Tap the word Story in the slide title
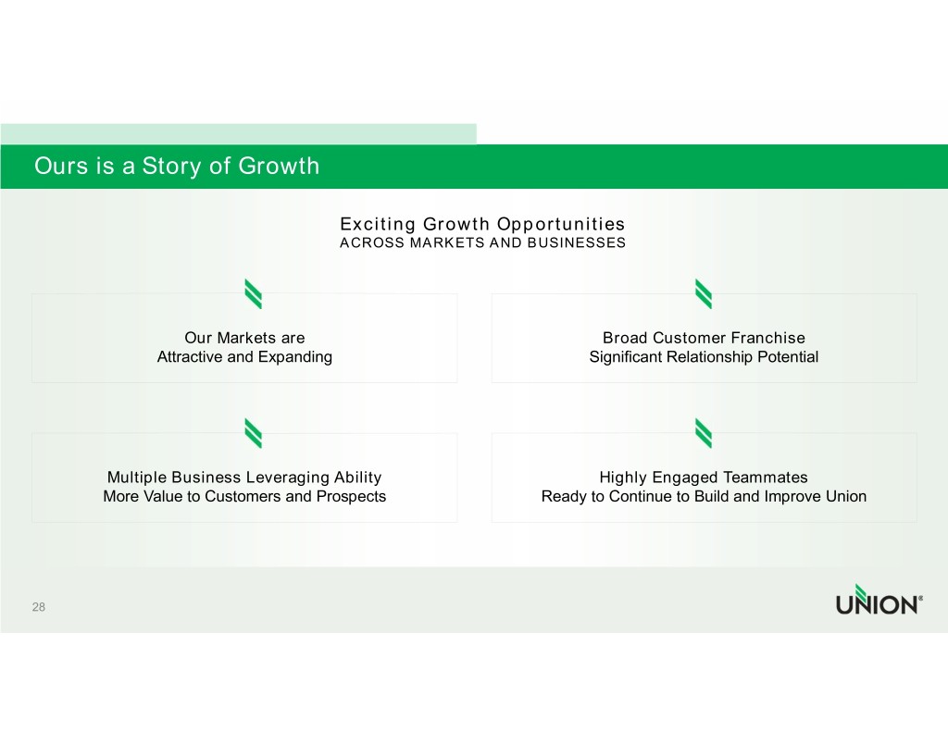tap(172, 167)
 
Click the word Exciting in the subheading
tap(378, 224)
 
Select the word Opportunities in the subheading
tap(561, 224)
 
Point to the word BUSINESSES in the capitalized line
tap(576, 243)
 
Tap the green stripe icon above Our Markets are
tap(254, 293)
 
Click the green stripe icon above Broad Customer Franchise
tap(704, 293)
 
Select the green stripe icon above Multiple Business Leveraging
tap(254, 433)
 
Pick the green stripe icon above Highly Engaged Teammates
tap(704, 433)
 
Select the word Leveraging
tap(287, 478)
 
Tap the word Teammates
tap(765, 478)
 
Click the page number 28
tap(39, 607)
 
